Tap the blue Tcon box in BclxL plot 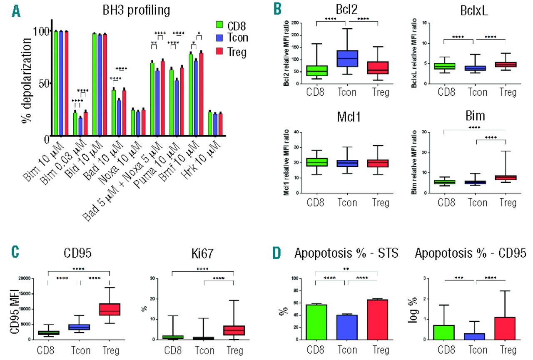474,68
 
